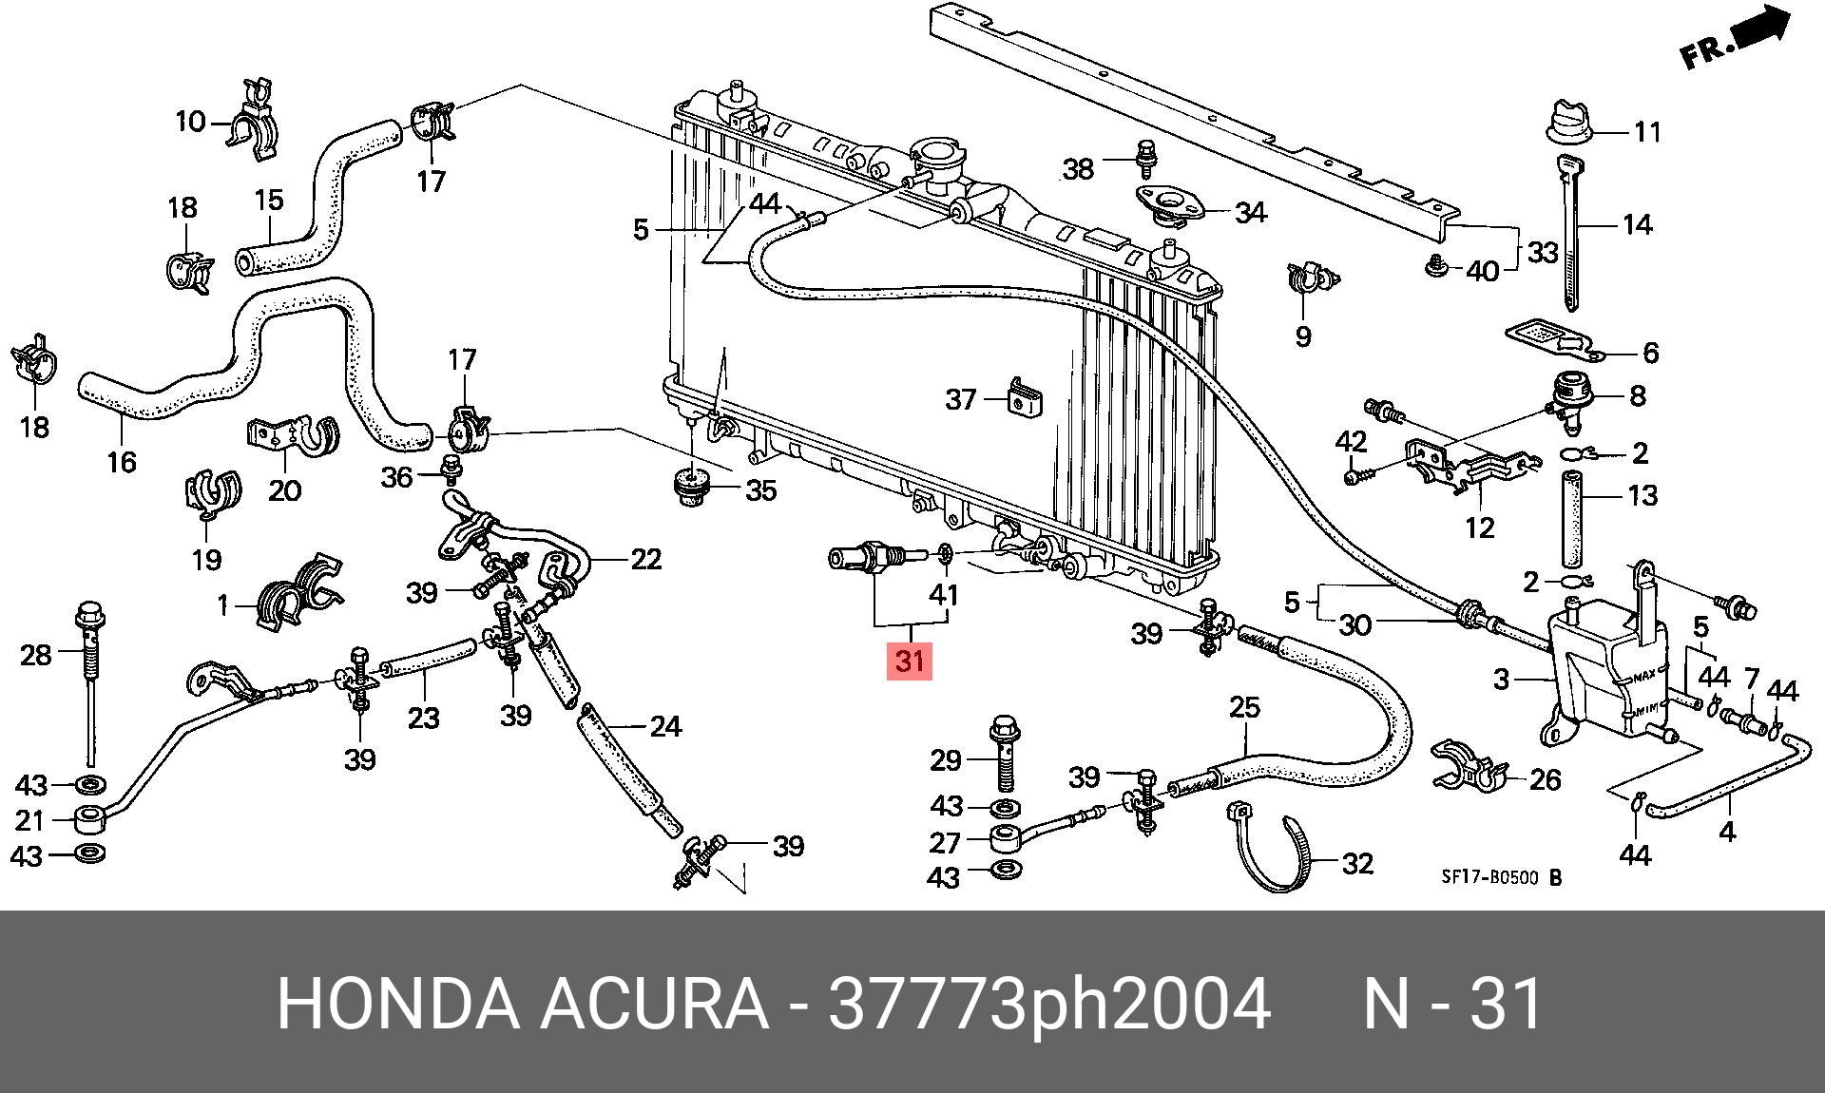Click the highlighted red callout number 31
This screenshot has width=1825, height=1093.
click(910, 660)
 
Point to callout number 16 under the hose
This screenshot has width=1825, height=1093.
click(122, 462)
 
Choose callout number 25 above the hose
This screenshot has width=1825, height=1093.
click(1244, 707)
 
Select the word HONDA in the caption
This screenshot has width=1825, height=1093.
click(398, 1004)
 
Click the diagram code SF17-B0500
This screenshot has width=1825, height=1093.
click(1489, 877)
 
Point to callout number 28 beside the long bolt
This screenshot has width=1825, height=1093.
click(36, 655)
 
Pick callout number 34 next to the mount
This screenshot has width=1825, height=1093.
click(1250, 213)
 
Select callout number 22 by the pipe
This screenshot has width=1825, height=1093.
click(645, 559)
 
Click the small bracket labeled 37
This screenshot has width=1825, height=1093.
click(1022, 399)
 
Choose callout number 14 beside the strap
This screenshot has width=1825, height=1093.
click(1637, 225)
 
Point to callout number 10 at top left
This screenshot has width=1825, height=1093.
click(190, 122)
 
